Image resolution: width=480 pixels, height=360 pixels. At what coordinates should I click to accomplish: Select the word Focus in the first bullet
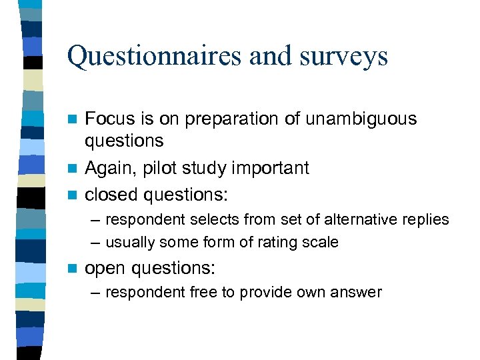pyautogui.click(x=109, y=119)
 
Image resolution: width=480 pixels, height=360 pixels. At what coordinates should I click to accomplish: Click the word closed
pyautogui.click(x=111, y=195)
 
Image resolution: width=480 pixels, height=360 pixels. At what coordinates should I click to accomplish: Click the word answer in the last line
pyautogui.click(x=359, y=292)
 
